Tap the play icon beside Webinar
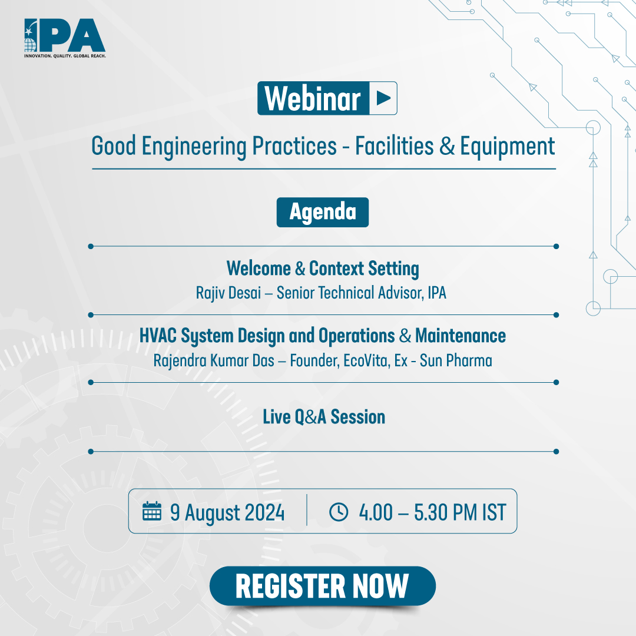point(383,98)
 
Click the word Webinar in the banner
point(312,98)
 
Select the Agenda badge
point(323,212)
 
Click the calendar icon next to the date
point(152,511)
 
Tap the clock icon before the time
point(339,512)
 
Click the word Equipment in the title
point(508,147)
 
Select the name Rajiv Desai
point(228,293)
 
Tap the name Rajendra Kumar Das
point(214,360)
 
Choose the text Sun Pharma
point(456,360)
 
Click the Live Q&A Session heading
point(324,417)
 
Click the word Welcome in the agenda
point(259,269)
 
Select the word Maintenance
point(461,336)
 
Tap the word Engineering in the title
point(194,147)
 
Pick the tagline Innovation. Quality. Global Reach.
point(65,55)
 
